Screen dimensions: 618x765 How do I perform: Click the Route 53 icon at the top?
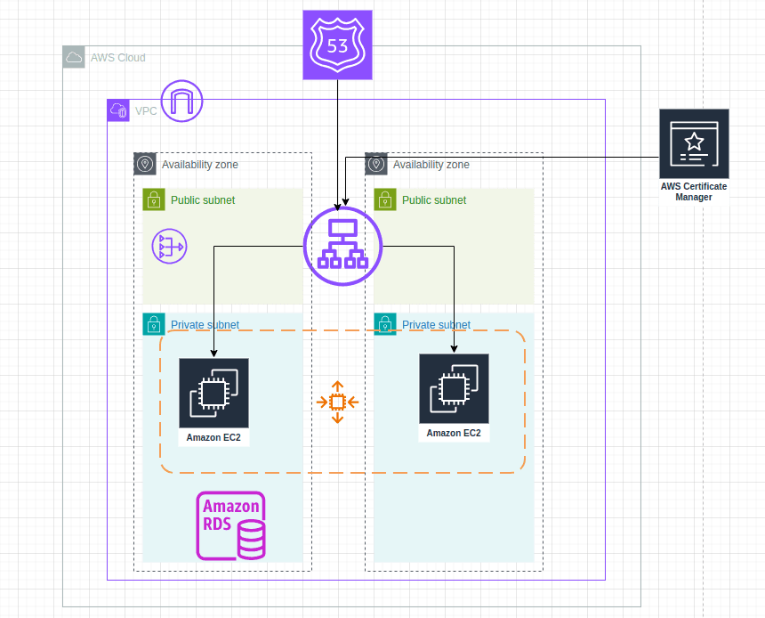click(x=337, y=45)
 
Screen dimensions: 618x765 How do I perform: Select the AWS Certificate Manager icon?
click(x=694, y=143)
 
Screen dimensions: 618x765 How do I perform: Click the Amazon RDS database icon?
click(x=231, y=525)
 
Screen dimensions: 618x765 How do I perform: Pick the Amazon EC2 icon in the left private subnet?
click(x=213, y=393)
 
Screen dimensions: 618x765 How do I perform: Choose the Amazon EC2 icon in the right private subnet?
click(x=454, y=389)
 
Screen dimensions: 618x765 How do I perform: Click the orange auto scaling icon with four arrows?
click(x=337, y=403)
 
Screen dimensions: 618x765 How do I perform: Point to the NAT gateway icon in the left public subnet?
click(x=168, y=246)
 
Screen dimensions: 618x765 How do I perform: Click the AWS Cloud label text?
click(x=117, y=58)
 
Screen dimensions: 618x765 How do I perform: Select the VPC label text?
click(x=146, y=111)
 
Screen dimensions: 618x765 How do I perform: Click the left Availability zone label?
click(x=199, y=165)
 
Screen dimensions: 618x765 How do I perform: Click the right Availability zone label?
click(x=431, y=165)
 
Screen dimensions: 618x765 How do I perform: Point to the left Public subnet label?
click(x=205, y=200)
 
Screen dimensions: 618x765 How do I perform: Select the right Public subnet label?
click(x=434, y=200)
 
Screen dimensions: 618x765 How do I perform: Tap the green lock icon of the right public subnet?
click(x=385, y=199)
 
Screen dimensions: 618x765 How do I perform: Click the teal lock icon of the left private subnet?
click(x=154, y=324)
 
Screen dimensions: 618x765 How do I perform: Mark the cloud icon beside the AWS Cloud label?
click(x=74, y=58)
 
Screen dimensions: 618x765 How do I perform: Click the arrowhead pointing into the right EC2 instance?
click(x=454, y=350)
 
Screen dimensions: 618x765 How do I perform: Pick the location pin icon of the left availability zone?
click(x=145, y=164)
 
